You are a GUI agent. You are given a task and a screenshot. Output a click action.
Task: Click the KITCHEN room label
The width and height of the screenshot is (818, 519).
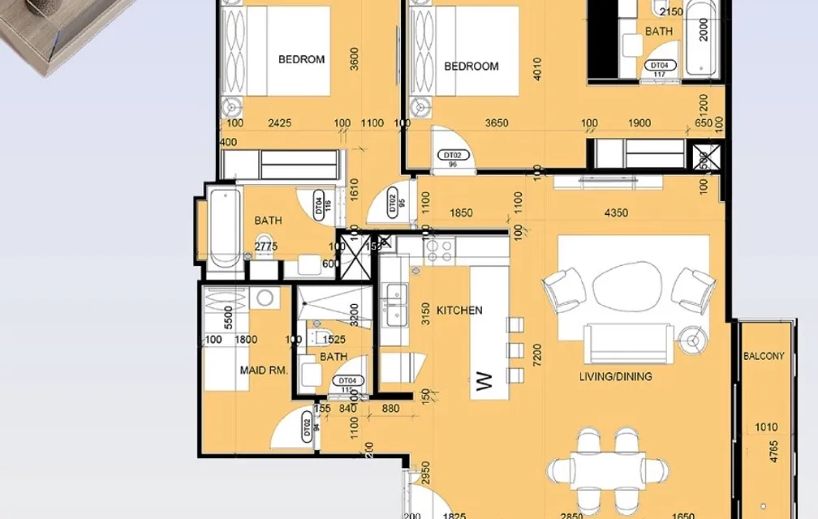coord(459,311)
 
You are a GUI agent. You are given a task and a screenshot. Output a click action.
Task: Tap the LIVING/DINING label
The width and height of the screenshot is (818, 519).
coord(615,376)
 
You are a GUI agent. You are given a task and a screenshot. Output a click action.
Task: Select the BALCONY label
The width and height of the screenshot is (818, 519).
coord(764,356)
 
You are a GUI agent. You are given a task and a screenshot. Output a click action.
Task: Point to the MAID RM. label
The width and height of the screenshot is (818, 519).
coord(264,371)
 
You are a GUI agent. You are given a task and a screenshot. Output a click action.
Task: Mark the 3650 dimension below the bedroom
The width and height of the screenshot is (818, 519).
coord(496,123)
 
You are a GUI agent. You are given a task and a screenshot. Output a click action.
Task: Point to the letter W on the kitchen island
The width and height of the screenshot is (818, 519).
coord(484,381)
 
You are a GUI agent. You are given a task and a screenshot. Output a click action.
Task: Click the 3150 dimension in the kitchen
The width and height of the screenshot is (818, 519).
coord(425,314)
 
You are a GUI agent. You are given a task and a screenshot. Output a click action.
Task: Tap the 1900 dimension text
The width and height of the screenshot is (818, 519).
coord(639,123)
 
